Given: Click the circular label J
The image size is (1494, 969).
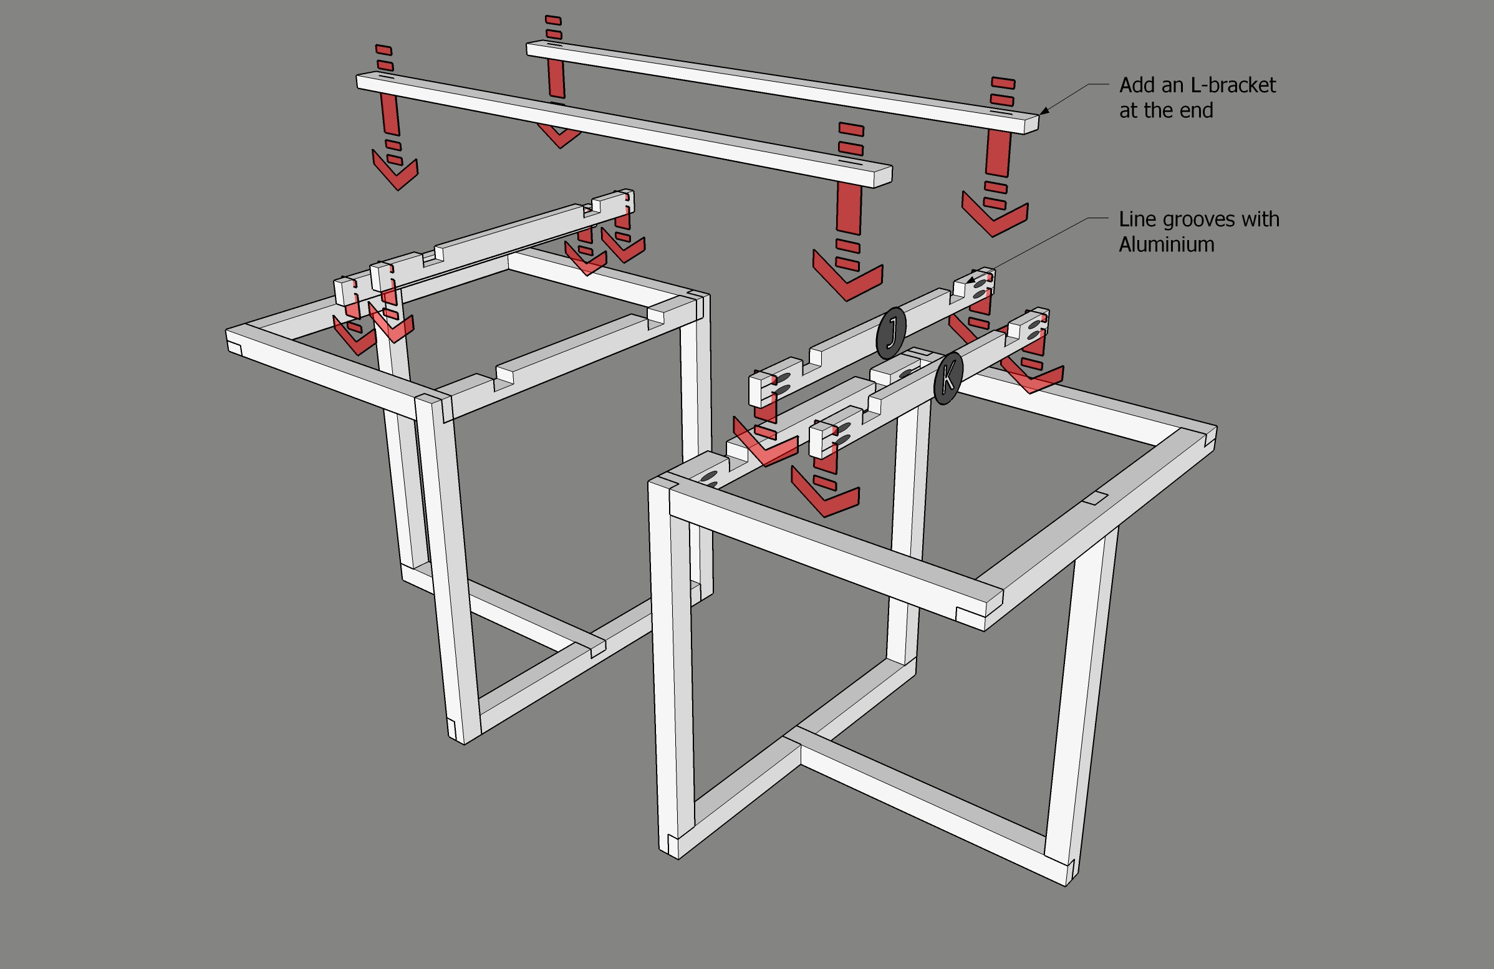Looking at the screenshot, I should click(x=891, y=332).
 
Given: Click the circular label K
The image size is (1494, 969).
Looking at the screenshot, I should click(x=948, y=378).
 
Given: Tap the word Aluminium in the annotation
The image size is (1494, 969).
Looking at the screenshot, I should click(x=1166, y=244).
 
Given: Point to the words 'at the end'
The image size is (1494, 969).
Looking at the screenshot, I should click(x=1165, y=110).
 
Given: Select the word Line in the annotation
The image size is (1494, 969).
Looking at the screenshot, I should click(x=1137, y=219).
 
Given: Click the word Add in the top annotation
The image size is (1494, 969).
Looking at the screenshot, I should click(x=1138, y=85).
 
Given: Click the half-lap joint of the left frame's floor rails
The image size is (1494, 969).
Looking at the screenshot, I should click(x=597, y=647).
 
